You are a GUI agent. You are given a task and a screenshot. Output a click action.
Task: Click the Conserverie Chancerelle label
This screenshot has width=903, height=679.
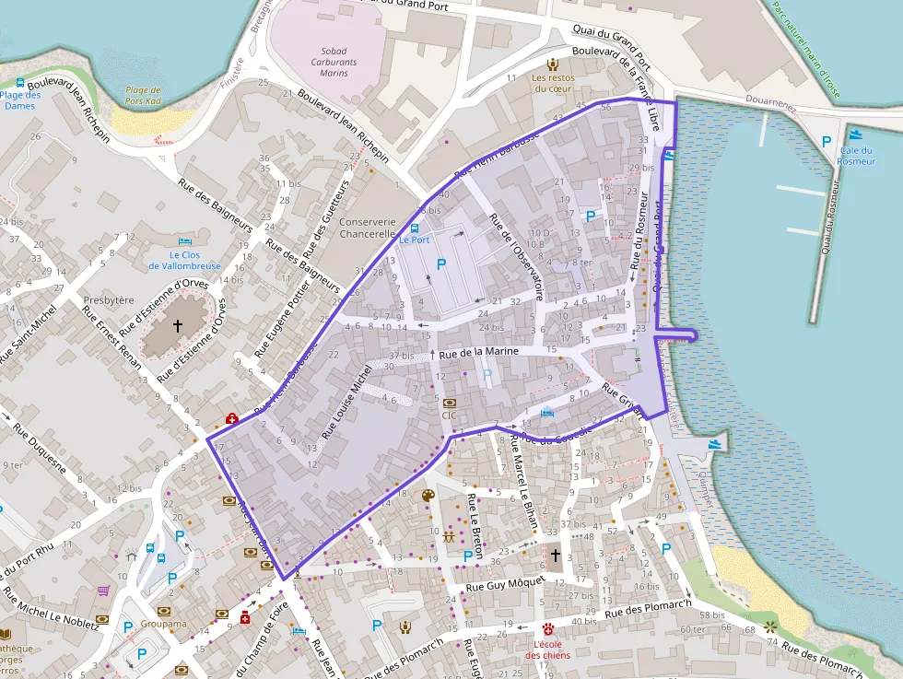tap(368, 228)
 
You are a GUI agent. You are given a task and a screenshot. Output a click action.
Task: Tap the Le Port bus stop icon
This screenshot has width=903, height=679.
tap(414, 228)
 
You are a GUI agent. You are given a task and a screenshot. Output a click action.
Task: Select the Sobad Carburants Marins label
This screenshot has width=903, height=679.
tap(334, 62)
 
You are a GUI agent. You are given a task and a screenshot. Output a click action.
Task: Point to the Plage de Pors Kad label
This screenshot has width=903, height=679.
tap(143, 96)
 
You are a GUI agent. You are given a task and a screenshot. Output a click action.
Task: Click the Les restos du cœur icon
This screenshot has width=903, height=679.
tap(553, 64)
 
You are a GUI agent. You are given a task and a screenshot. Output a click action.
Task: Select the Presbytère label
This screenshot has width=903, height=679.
tap(109, 300)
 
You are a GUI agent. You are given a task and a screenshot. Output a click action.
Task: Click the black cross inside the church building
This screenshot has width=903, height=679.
tap(178, 325)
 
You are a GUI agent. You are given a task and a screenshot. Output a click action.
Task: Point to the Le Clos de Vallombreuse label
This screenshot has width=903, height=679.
tap(184, 261)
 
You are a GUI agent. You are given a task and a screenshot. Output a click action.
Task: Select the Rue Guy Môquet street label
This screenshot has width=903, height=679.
tap(506, 585)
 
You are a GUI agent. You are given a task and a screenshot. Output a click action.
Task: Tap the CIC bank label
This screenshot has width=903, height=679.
tap(450, 415)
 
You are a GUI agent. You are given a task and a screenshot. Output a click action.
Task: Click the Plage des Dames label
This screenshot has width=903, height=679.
tap(20, 100)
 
